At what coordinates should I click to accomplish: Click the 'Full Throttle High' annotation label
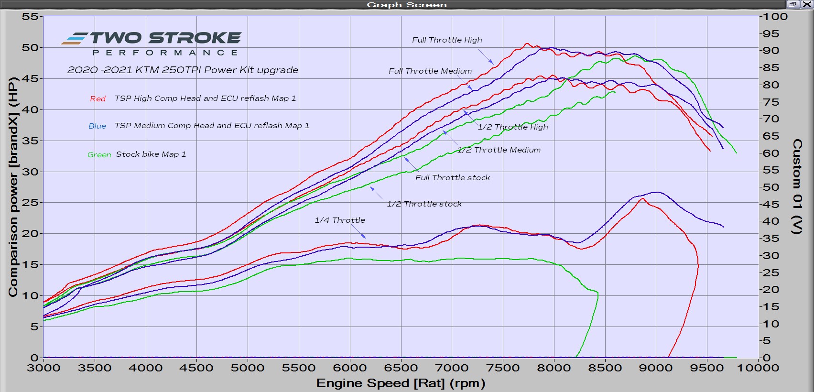447,40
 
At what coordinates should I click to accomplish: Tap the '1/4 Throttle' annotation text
340,220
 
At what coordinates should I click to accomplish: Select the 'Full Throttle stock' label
453,178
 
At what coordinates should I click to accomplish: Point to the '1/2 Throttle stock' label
424,204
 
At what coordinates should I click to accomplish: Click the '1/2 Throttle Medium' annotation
499,150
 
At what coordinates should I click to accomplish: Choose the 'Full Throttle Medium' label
430,71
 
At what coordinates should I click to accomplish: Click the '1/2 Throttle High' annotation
512,127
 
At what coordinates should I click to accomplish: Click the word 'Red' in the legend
98,99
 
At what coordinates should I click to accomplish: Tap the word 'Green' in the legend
99,155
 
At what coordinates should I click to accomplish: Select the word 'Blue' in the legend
97,126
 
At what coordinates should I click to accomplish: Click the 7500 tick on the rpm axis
503,368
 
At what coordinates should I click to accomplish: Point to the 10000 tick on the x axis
759,368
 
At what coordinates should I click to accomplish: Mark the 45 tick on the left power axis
30,78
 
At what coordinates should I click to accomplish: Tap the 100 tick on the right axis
775,17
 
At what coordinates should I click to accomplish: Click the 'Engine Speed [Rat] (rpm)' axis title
401,383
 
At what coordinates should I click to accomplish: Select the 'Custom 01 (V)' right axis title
797,186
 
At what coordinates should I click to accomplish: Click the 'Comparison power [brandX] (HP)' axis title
13,186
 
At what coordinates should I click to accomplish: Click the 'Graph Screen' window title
407,5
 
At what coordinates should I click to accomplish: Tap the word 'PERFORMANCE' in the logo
165,53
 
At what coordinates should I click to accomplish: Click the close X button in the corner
806,4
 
